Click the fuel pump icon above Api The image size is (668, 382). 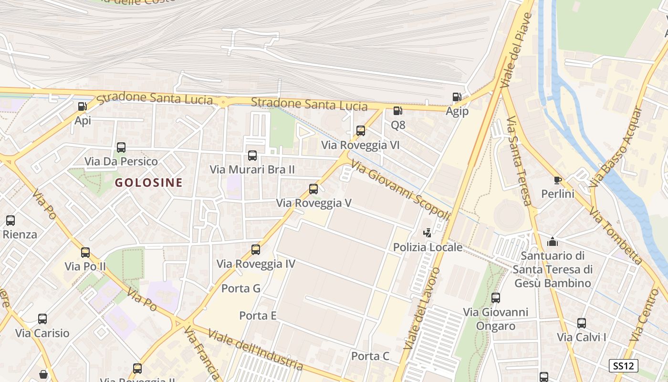tap(82, 106)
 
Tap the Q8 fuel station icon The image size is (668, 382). tap(397, 111)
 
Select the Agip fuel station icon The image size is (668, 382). tap(457, 97)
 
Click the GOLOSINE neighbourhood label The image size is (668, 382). tap(149, 182)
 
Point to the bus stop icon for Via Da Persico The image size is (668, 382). tap(121, 148)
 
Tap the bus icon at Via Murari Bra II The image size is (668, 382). tap(252, 156)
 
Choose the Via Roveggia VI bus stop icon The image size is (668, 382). tap(361, 131)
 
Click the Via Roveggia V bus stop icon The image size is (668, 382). tap(313, 189)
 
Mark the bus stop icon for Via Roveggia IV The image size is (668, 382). tap(256, 250)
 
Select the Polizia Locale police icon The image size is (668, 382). tap(428, 233)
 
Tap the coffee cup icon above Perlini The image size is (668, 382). tap(557, 180)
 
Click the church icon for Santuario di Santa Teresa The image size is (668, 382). tap(553, 242)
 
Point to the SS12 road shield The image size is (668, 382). tap(624, 366)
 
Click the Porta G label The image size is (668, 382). tap(241, 288)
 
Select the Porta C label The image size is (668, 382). tap(370, 356)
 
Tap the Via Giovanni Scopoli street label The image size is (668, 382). tap(401, 190)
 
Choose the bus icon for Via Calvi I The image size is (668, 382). tap(581, 323)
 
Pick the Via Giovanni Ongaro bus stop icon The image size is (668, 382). tap(496, 298)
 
